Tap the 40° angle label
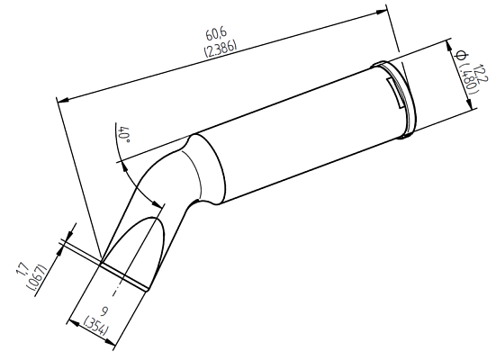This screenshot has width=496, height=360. click(x=125, y=137)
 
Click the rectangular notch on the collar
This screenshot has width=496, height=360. click(x=393, y=89)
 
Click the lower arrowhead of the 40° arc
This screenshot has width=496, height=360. click(x=160, y=206)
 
